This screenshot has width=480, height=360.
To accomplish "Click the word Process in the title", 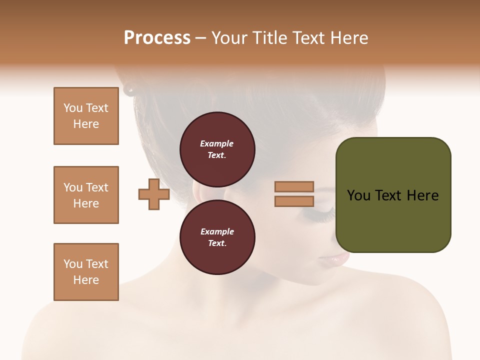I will [x=157, y=38].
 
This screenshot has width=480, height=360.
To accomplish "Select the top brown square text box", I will [x=86, y=116].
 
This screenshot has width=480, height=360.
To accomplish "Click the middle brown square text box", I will [x=86, y=195].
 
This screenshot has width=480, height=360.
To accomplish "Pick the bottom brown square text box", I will [x=86, y=272].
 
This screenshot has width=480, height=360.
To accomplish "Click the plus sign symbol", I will [x=154, y=194].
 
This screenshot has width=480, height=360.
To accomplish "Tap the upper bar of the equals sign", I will [x=294, y=186].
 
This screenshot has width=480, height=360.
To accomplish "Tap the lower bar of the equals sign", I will [x=294, y=201].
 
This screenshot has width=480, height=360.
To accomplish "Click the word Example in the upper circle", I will [x=217, y=143].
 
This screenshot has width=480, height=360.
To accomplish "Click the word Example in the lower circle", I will [x=217, y=231].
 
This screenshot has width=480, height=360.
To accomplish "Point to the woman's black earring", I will [x=129, y=89].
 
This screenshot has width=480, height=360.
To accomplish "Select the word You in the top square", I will [x=73, y=108].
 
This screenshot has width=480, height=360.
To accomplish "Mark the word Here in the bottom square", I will [x=86, y=280].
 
